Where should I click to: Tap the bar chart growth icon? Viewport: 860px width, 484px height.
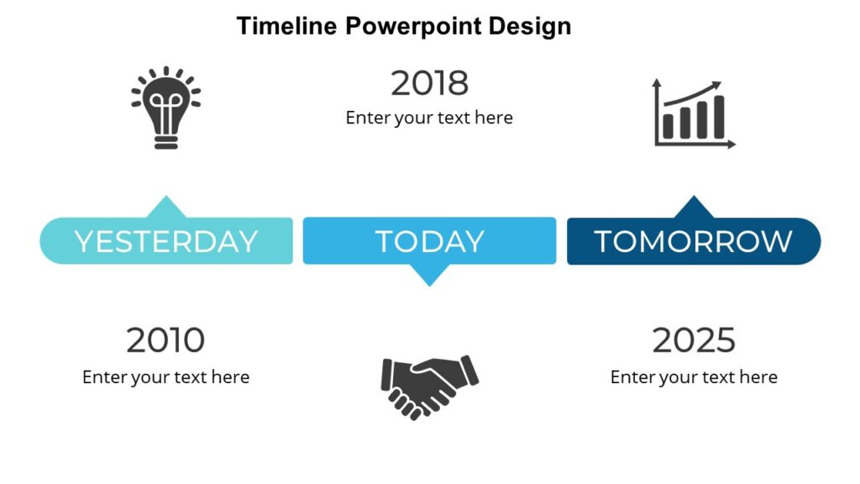pos(694,114)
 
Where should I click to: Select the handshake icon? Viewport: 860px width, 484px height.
pos(429,386)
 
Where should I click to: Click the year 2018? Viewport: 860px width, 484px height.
pos(429,83)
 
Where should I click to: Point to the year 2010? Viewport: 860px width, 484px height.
pos(165,340)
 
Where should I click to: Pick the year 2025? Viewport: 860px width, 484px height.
pos(694,340)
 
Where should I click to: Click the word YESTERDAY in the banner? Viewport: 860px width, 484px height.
pos(166,241)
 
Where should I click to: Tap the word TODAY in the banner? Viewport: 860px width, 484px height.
pos(429,241)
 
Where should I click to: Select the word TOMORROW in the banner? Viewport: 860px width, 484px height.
pos(694,241)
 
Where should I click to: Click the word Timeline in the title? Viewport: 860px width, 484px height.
pos(287,26)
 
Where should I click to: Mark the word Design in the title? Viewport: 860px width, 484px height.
pos(530,26)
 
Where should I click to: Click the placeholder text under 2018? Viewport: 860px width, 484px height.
pos(429,118)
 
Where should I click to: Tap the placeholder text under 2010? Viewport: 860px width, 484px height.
pos(165,377)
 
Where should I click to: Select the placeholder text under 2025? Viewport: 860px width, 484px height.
pos(694,377)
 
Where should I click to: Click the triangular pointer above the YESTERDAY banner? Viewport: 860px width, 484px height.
pos(167,208)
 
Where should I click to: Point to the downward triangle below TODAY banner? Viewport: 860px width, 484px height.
pos(429,274)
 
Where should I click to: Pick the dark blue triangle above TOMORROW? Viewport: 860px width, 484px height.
pos(694,208)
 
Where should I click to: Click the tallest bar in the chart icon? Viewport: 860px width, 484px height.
pos(718,117)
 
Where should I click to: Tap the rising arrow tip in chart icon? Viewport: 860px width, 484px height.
pos(717,84)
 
